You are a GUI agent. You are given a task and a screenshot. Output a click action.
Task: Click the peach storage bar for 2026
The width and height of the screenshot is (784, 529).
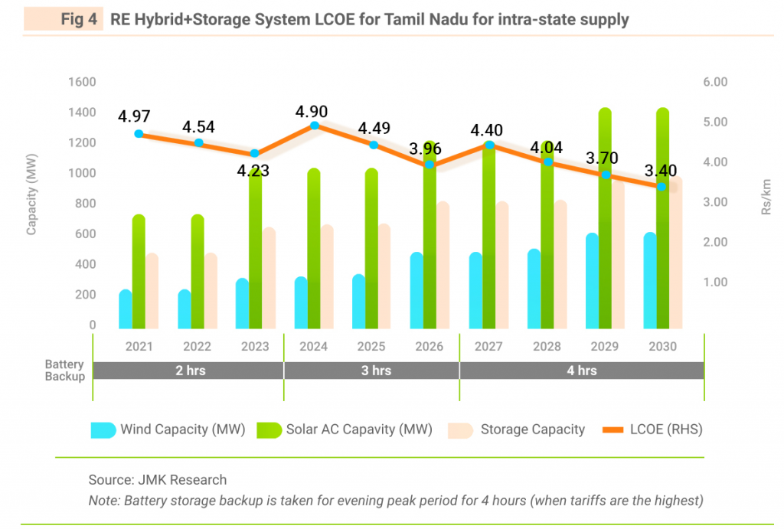tap(443, 264)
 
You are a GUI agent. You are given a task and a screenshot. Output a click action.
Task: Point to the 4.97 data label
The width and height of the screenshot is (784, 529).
tap(134, 117)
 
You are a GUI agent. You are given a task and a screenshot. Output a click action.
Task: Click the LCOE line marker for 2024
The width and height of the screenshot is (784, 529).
tap(314, 125)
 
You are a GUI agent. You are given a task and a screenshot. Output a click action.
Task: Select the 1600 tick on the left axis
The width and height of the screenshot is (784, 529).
tap(82, 82)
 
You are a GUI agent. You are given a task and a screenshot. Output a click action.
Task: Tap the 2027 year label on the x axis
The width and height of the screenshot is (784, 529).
tap(488, 346)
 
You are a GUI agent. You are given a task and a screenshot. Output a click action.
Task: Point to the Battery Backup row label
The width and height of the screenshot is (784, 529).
tap(64, 371)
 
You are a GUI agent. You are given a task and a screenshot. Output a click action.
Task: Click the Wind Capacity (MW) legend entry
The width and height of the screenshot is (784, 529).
tap(182, 429)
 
